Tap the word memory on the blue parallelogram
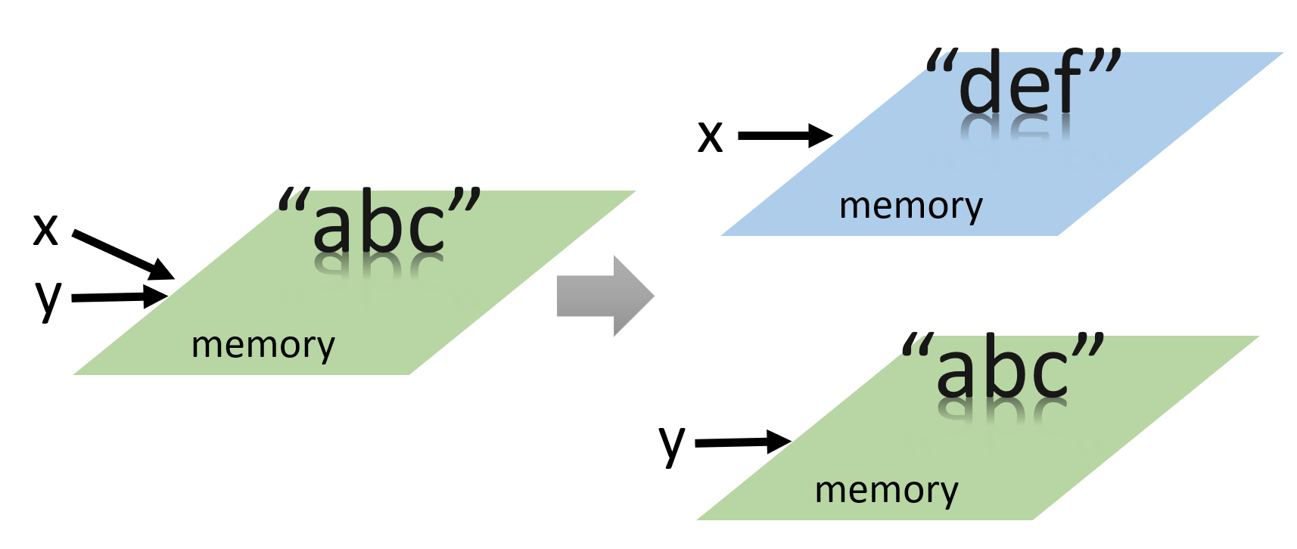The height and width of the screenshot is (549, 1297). (x=911, y=206)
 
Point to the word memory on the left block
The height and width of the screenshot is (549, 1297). (x=263, y=345)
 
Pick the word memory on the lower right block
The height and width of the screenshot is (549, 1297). (x=886, y=490)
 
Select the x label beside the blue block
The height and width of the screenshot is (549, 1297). (x=710, y=137)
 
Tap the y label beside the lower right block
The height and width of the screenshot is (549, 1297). (x=671, y=444)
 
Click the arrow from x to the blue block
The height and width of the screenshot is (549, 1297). (x=785, y=136)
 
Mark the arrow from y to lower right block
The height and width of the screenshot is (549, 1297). (x=742, y=442)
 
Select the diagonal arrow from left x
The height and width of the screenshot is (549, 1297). (x=123, y=254)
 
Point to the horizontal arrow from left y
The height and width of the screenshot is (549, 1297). (x=120, y=297)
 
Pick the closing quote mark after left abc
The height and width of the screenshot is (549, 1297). (x=464, y=200)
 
